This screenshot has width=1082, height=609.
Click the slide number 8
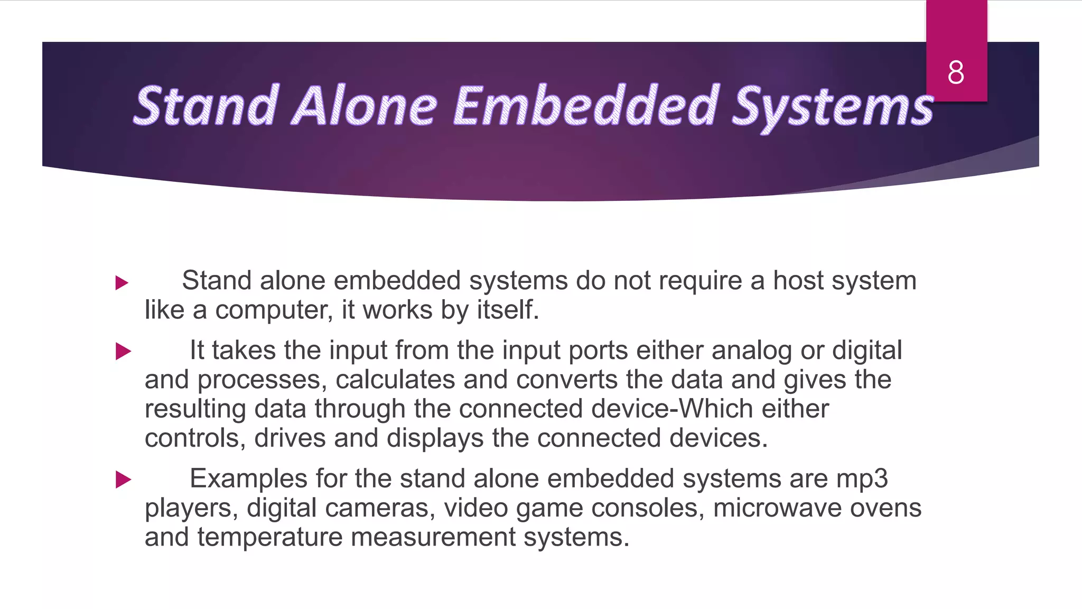[956, 72]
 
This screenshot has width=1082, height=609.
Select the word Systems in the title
[832, 108]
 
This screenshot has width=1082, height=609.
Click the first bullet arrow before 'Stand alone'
[122, 283]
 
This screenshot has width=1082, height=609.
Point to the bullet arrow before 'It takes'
[123, 351]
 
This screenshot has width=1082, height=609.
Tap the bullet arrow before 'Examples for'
[123, 479]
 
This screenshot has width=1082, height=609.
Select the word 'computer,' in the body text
[274, 310]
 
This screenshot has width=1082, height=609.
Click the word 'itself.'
[508, 310]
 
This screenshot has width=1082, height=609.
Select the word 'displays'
[435, 438]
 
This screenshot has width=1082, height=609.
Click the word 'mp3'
[862, 478]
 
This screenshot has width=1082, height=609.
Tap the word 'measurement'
[433, 538]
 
